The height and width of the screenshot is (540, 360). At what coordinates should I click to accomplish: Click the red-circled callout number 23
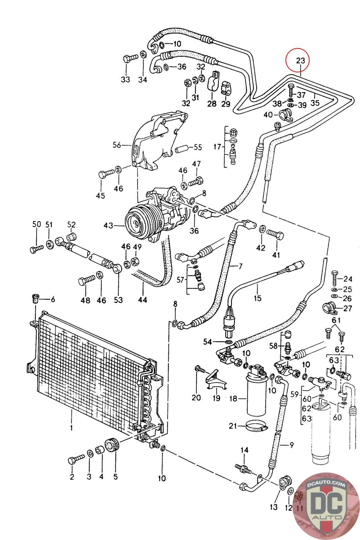(x=301, y=60)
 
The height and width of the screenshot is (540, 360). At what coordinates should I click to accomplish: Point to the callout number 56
(x=117, y=145)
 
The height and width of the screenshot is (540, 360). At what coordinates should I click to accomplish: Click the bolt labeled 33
(x=130, y=58)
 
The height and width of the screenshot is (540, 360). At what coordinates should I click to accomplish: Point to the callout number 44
(x=142, y=300)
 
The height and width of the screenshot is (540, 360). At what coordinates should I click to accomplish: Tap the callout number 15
(x=257, y=298)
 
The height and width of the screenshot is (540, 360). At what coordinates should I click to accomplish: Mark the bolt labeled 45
(x=106, y=173)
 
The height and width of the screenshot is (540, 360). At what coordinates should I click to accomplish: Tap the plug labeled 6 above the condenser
(x=36, y=299)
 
